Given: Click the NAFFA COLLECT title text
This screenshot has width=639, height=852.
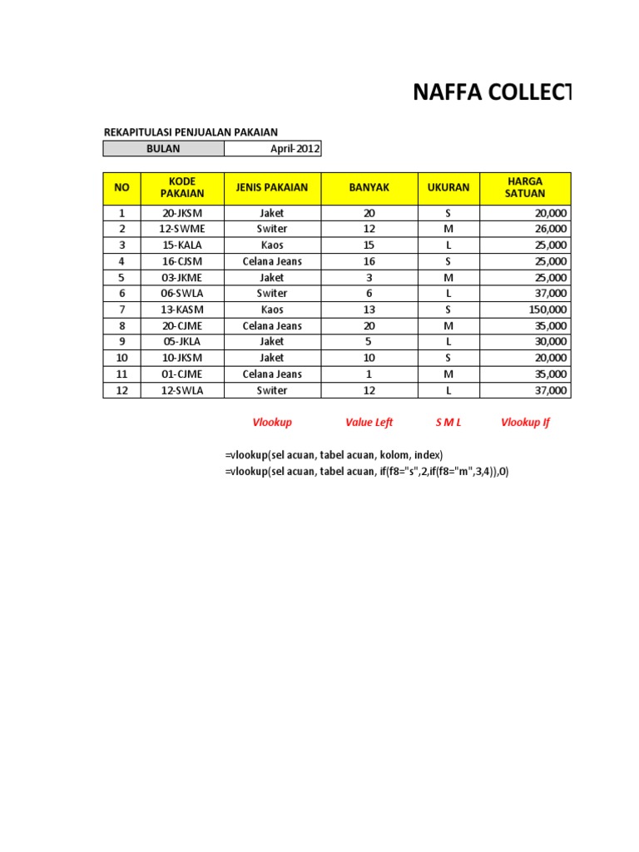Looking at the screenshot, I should point(493,93).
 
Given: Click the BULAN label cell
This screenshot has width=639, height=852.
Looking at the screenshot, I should point(163,149).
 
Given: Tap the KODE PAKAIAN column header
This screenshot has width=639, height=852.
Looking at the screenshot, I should point(181,188).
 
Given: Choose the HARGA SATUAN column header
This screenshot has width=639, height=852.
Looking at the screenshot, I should point(524,188).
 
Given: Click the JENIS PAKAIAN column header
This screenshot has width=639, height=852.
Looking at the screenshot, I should point(271,188).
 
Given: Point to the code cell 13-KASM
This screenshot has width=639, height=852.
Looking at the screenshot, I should point(181,310).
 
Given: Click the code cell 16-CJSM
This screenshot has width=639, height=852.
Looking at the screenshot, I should point(181,261).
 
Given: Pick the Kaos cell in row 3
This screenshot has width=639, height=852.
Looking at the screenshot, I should point(271,245).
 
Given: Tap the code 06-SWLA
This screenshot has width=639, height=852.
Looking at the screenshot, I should point(181,294).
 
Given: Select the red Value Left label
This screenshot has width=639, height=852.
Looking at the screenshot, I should point(369,423).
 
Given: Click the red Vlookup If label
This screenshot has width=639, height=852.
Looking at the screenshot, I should point(525,423).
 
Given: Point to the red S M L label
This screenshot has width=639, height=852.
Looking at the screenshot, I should point(448,423).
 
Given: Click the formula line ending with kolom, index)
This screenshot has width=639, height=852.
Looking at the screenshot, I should point(334,454).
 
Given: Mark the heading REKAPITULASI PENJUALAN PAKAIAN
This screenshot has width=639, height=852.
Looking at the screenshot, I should point(190,131).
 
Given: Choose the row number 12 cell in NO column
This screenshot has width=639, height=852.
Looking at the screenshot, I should point(121,390).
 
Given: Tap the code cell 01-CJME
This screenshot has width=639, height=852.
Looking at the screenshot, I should point(181,374).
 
